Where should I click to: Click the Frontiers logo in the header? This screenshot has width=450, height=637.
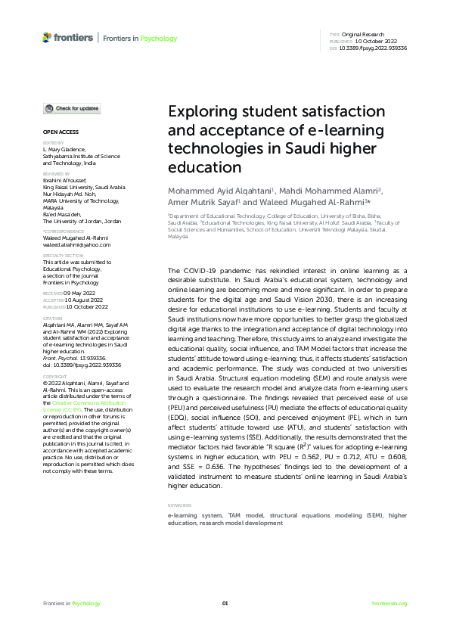[68, 38]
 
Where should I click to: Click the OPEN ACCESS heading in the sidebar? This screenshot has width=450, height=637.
[58, 132]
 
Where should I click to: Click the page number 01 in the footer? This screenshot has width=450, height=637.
[225, 603]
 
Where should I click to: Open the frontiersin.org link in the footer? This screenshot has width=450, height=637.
[389, 603]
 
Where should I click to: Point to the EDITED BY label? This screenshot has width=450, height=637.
[53, 142]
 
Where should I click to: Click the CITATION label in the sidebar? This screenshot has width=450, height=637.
[52, 319]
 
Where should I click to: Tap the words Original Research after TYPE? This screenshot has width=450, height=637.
[364, 35]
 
